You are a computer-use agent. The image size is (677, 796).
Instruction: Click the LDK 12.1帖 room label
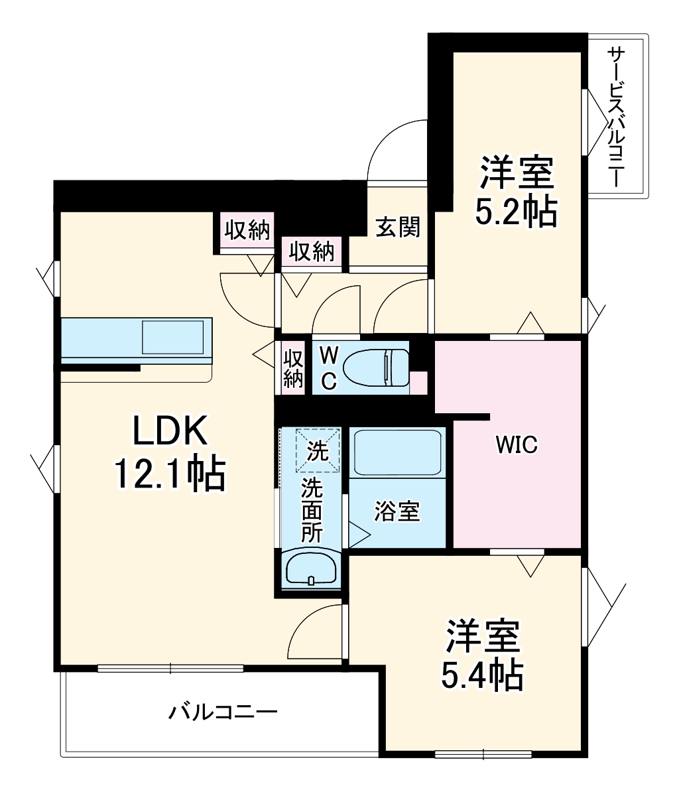coord(170,454)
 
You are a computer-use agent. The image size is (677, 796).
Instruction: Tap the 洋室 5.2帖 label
coord(516,192)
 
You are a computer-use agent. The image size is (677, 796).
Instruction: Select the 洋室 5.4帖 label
coord(482,655)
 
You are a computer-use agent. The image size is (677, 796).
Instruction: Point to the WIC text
coord(517,445)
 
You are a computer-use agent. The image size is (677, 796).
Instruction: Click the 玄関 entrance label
coord(398,227)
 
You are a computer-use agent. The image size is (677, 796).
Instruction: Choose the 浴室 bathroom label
coord(397,511)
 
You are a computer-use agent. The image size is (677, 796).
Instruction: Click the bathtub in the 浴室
coord(397,453)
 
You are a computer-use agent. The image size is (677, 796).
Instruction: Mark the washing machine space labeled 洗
coord(317,451)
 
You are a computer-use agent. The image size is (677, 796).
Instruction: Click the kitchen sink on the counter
coord(172,337)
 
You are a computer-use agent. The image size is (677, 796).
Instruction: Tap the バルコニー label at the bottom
coord(222,713)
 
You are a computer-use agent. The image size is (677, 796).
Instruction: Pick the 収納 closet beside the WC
coord(293,367)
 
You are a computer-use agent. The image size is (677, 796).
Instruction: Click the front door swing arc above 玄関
coord(398,149)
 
